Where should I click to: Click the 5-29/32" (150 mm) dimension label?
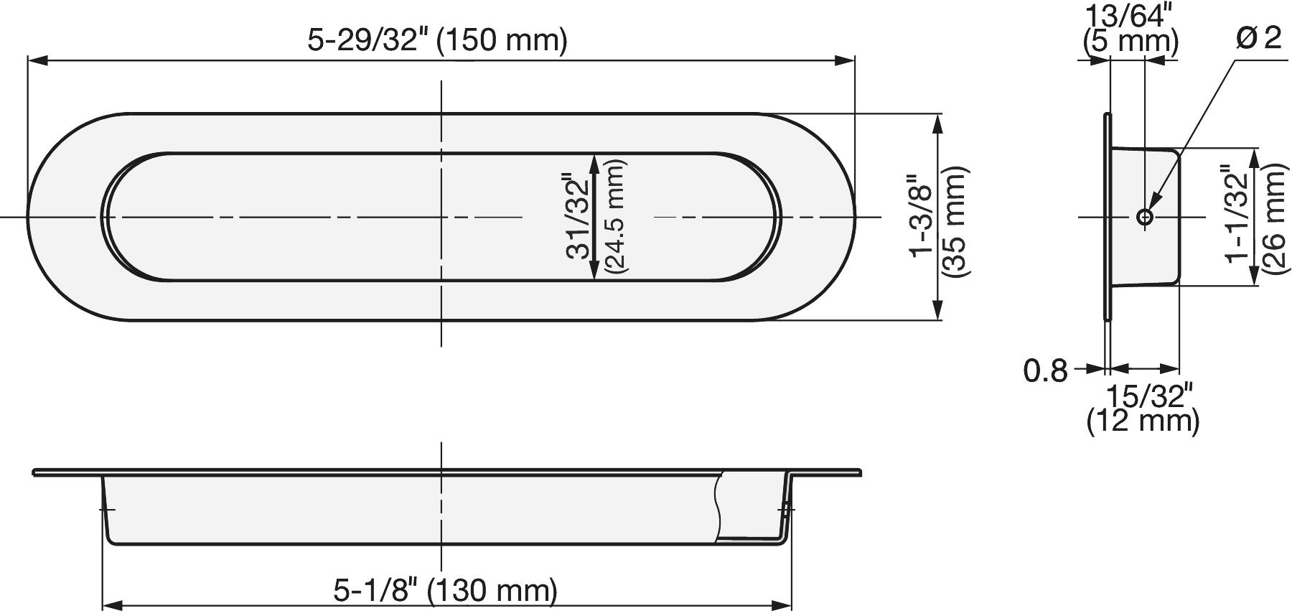437,40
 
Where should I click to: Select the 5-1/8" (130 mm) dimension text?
445,591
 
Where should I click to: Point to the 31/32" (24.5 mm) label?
596,216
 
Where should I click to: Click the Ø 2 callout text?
1258,38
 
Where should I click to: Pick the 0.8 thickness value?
1046,370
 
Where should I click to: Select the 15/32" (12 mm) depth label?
1143,409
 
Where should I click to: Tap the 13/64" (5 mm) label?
1130,29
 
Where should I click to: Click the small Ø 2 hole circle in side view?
1145,217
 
